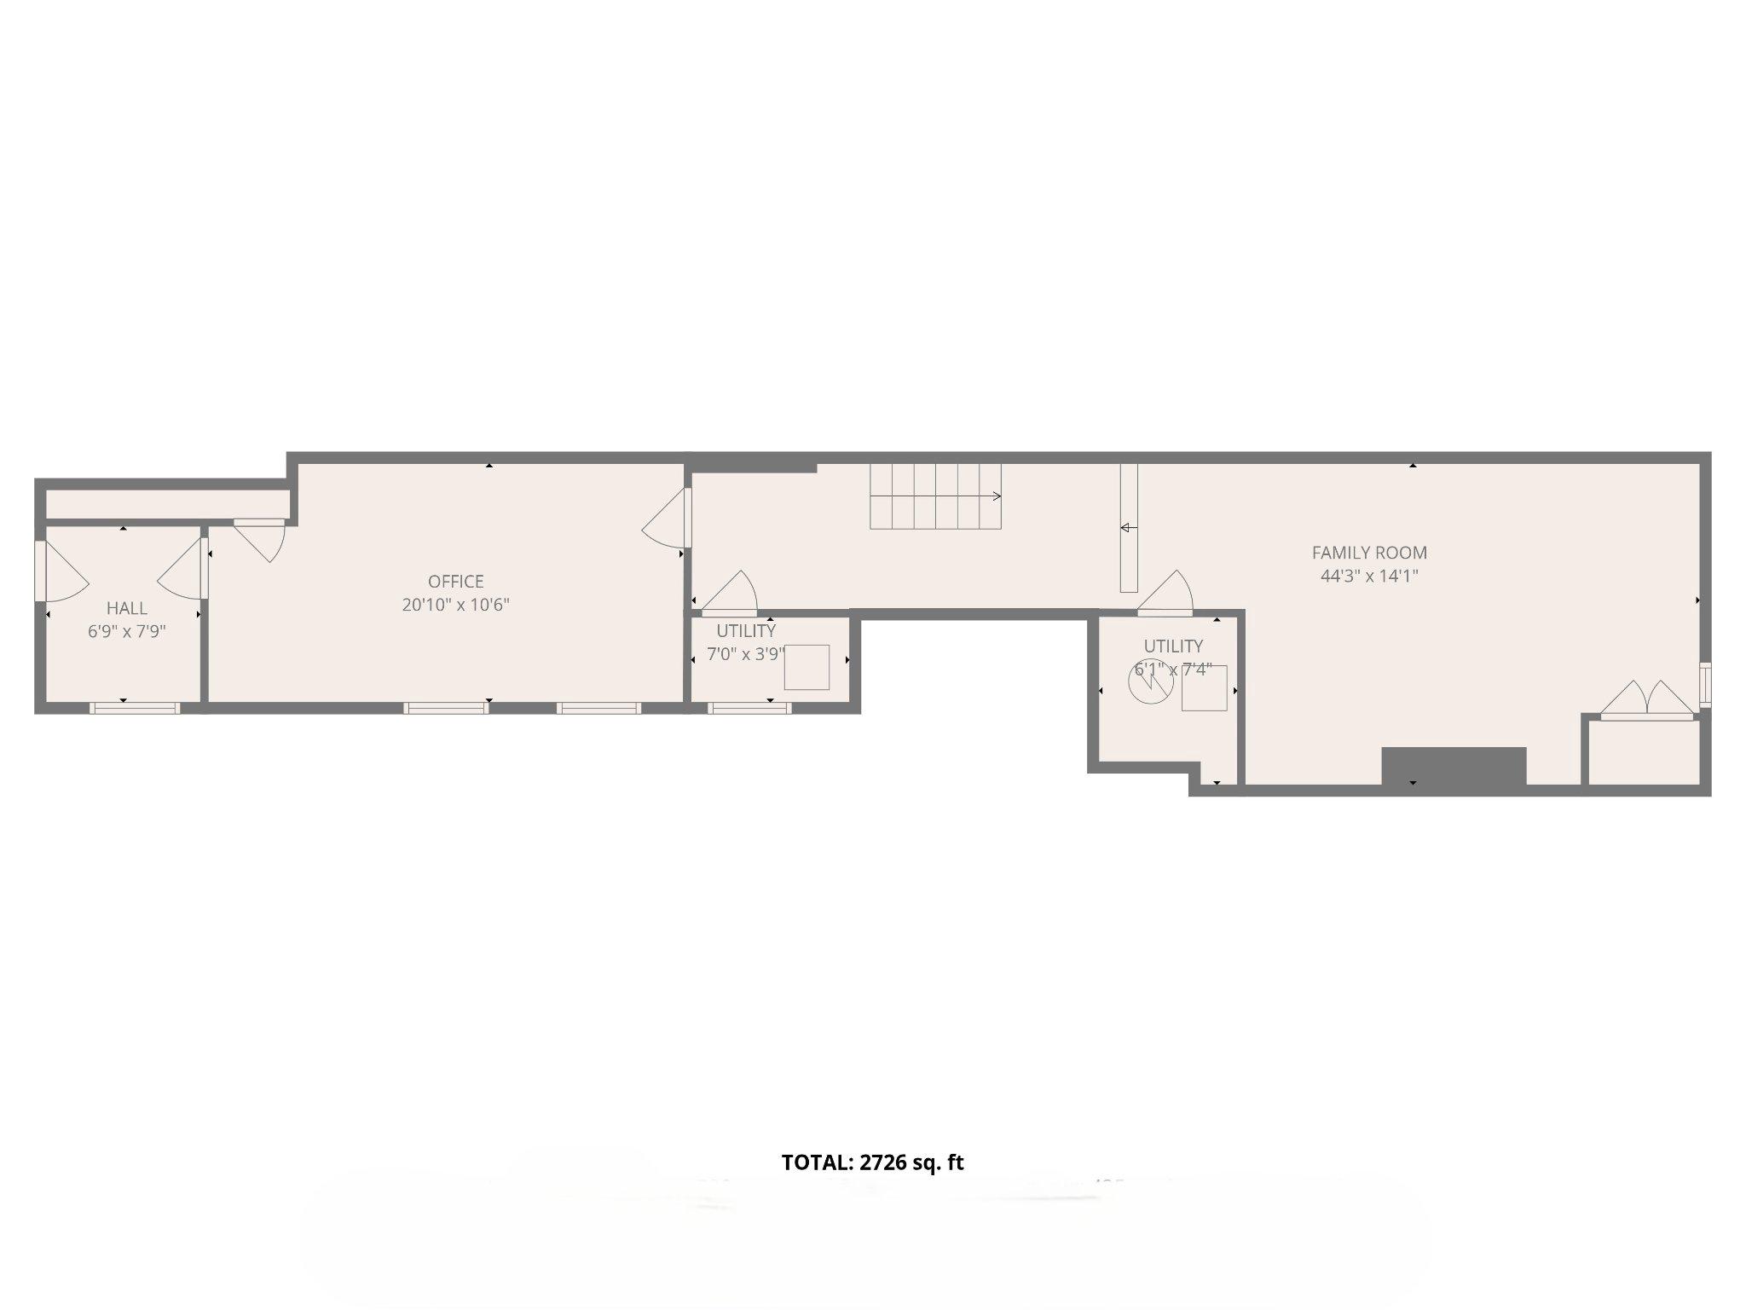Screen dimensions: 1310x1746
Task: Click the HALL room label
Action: tap(126, 608)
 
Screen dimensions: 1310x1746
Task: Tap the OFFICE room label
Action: tap(455, 582)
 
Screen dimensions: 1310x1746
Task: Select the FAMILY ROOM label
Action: tap(1369, 553)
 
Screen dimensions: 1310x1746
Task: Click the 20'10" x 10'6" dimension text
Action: tap(455, 605)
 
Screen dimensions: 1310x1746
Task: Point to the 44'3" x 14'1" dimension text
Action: tap(1369, 576)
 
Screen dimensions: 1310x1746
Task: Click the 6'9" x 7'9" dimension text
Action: tap(126, 631)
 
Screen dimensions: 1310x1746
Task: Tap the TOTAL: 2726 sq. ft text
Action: tap(872, 1162)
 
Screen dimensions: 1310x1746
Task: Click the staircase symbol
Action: tap(935, 496)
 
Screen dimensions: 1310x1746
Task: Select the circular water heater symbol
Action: tap(1150, 682)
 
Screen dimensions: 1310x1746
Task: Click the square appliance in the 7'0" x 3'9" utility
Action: tap(807, 667)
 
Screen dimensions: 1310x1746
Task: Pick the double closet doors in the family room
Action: tap(1647, 701)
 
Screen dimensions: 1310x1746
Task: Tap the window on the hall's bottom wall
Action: tap(135, 707)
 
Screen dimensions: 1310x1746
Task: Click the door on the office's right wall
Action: tap(669, 519)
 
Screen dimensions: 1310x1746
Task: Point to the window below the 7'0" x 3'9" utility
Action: tap(749, 707)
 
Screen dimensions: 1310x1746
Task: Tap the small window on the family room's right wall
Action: tap(1704, 685)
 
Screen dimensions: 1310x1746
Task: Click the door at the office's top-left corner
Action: tap(261, 537)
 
